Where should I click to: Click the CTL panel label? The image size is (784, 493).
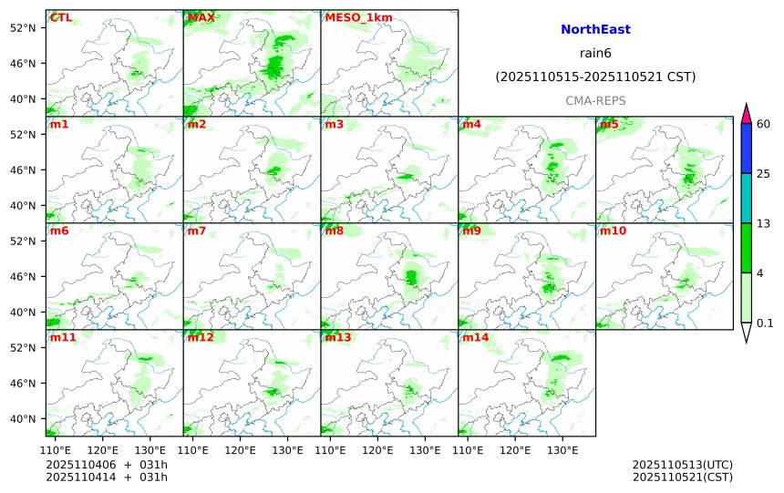click(x=61, y=17)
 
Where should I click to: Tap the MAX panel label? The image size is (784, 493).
click(x=201, y=17)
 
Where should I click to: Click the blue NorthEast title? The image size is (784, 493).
click(x=595, y=30)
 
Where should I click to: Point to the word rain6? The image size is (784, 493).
click(x=595, y=54)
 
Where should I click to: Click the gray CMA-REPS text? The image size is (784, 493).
click(x=595, y=100)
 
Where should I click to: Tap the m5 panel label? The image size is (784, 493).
click(x=609, y=124)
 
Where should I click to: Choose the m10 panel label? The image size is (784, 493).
click(x=613, y=231)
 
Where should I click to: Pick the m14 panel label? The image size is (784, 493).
click(x=476, y=337)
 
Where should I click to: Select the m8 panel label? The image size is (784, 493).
click(x=335, y=231)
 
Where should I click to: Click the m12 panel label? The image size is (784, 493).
click(x=201, y=337)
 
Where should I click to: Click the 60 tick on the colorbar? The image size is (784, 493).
click(x=764, y=124)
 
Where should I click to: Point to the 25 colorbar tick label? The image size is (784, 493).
click(x=764, y=174)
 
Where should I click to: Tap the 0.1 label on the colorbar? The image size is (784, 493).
click(x=766, y=323)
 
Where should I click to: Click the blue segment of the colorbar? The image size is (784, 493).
click(x=746, y=148)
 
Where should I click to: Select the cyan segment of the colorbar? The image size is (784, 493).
click(x=746, y=198)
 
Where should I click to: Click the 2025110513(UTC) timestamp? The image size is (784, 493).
click(x=682, y=465)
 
